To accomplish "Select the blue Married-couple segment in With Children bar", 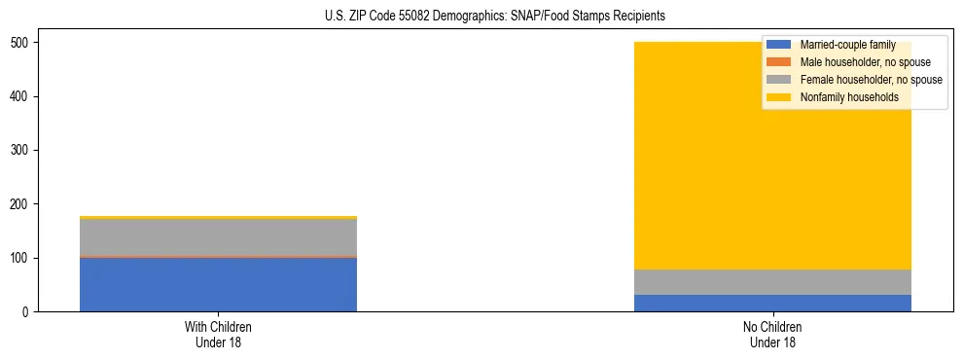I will (x=218, y=284).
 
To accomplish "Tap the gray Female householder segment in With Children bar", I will (x=218, y=237).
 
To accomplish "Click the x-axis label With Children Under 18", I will (x=218, y=334).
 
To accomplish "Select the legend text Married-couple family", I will (x=845, y=45).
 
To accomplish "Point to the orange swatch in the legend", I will (x=779, y=62).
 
